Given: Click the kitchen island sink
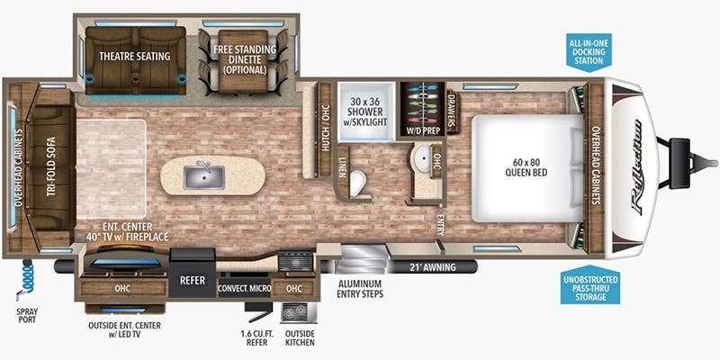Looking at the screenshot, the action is pos(204,177).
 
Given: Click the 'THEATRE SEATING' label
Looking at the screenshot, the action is pos(135,56).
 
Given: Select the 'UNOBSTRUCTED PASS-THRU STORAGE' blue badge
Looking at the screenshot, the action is pos(589,284).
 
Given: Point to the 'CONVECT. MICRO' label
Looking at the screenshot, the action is pos(244,289).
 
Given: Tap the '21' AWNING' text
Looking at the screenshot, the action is pos(433,266).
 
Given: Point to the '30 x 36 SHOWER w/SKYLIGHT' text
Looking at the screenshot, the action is pos(367,112).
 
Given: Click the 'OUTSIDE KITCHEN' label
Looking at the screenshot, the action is pos(300,338).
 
